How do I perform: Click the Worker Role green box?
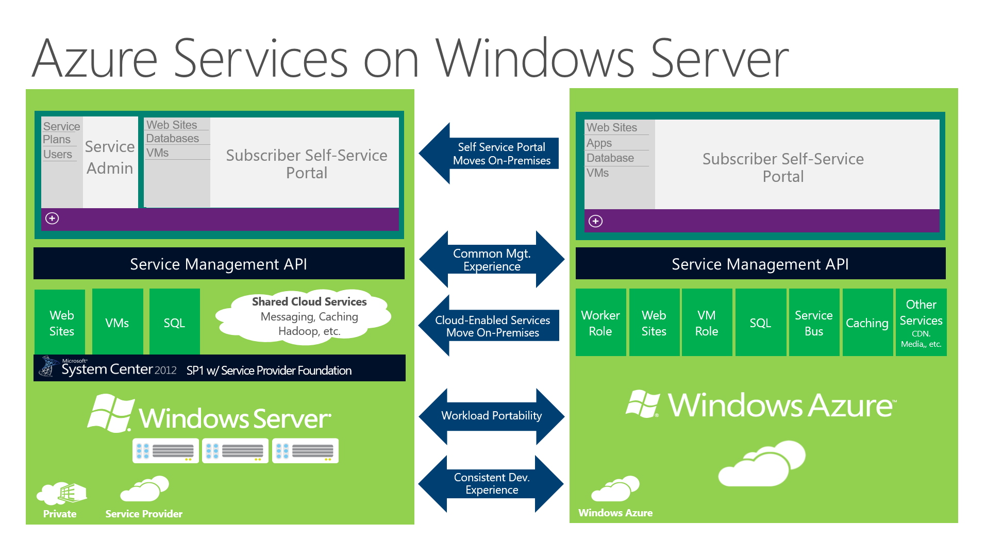[x=600, y=323]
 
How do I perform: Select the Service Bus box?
[x=814, y=323]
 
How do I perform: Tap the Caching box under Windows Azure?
[x=867, y=323]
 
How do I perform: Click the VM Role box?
[x=707, y=323]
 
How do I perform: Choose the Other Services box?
[x=921, y=323]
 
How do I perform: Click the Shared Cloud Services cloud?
[x=306, y=315]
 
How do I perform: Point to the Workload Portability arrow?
[x=492, y=416]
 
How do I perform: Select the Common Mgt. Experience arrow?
[x=492, y=259]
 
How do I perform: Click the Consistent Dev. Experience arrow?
[x=491, y=483]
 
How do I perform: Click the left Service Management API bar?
[x=219, y=263]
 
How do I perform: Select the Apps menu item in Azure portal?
[x=599, y=143]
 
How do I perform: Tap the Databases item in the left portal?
[x=172, y=138]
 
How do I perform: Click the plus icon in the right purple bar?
[x=595, y=221]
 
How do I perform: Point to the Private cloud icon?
[x=61, y=494]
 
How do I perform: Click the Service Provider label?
[x=144, y=514]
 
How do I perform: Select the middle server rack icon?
[x=235, y=451]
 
